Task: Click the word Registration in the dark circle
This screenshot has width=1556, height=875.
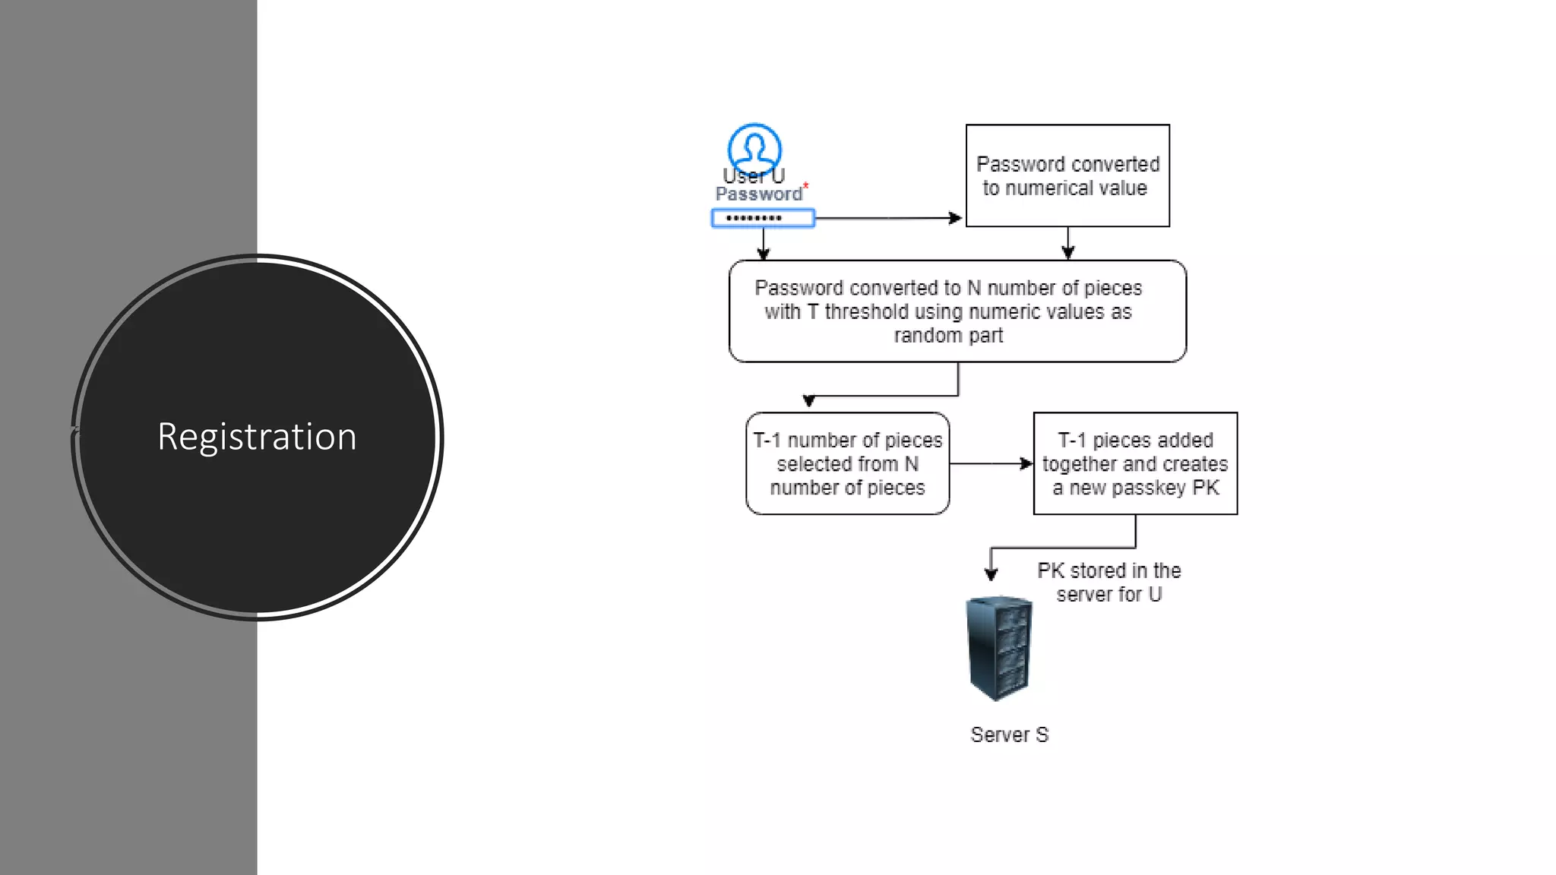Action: (257, 437)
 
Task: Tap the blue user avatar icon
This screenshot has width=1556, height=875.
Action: (754, 148)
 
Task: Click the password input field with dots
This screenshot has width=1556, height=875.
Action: (763, 219)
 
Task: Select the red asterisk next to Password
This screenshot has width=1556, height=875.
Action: (806, 185)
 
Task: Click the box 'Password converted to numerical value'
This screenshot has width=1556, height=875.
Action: (1067, 175)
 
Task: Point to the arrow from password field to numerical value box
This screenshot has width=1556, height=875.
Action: (885, 218)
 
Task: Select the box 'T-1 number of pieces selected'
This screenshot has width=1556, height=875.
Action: (847, 463)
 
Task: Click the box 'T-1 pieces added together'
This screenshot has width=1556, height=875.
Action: (1135, 463)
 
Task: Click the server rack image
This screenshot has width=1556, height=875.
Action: (999, 647)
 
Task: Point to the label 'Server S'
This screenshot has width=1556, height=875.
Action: (1009, 734)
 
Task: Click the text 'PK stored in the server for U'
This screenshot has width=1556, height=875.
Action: (1108, 582)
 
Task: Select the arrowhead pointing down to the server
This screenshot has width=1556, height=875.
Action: (991, 574)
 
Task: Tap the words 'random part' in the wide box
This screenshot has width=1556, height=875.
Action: (948, 335)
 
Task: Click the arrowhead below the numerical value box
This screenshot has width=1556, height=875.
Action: (1067, 253)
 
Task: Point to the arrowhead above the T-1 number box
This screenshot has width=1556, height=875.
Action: (809, 401)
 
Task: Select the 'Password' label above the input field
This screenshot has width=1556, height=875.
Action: (758, 194)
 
